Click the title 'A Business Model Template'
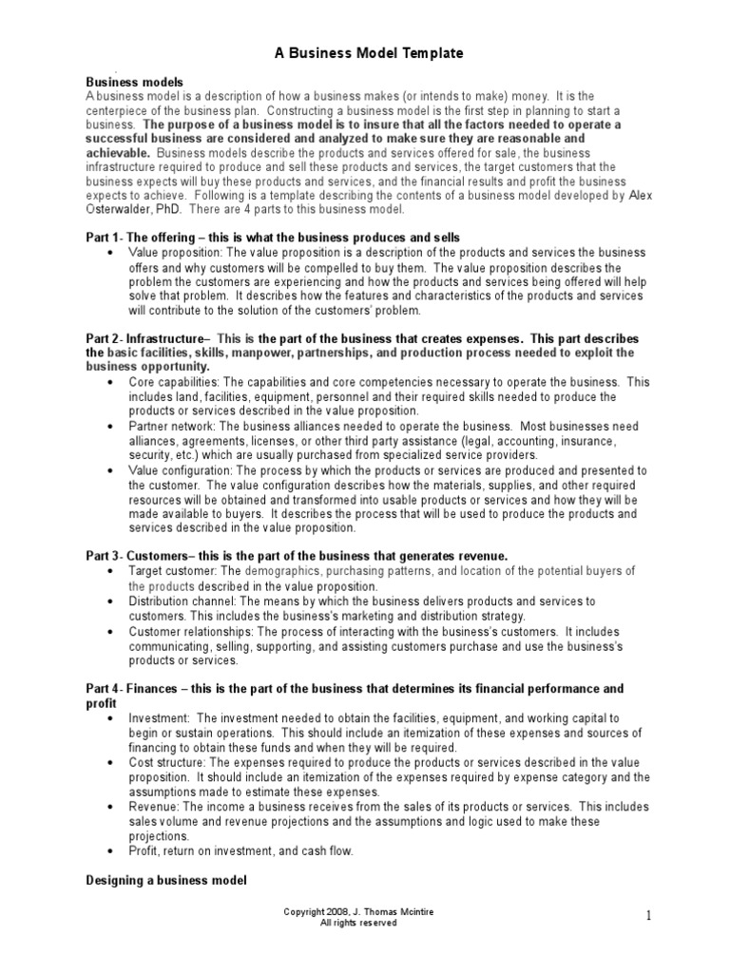363,54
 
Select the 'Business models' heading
135,83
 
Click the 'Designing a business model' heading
166,881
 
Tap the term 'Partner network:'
172,427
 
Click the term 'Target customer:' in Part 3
173,571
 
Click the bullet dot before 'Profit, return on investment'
113,852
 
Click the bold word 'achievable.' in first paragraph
118,152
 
